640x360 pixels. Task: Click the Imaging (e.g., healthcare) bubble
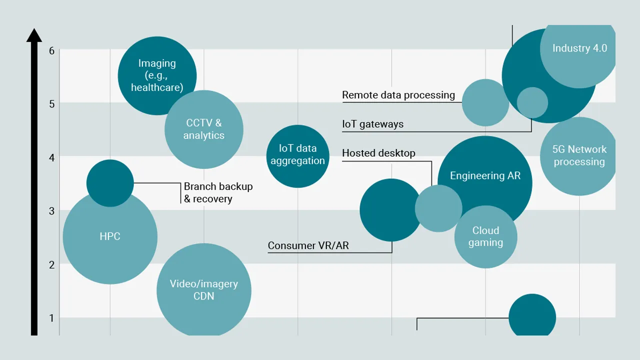point(157,75)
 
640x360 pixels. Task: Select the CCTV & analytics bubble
point(204,129)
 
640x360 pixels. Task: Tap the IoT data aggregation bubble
point(298,155)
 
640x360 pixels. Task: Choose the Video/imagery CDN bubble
point(204,290)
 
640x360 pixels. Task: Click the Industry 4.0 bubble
point(579,48)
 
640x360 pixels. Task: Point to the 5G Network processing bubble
point(579,156)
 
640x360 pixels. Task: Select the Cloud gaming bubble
point(485,236)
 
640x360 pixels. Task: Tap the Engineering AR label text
point(485,175)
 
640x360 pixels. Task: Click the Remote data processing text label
point(398,95)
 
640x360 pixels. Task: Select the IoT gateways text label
point(372,124)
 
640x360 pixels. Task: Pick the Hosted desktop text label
point(378,153)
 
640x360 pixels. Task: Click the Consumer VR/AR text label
point(308,245)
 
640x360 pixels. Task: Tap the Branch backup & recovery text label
point(218,192)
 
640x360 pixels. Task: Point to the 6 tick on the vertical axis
point(51,50)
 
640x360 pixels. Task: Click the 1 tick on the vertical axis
point(51,318)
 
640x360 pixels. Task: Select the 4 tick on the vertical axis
point(51,157)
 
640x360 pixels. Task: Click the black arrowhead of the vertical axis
point(34,35)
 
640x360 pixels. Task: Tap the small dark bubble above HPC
point(110,183)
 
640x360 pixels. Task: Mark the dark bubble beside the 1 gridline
point(532,317)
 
